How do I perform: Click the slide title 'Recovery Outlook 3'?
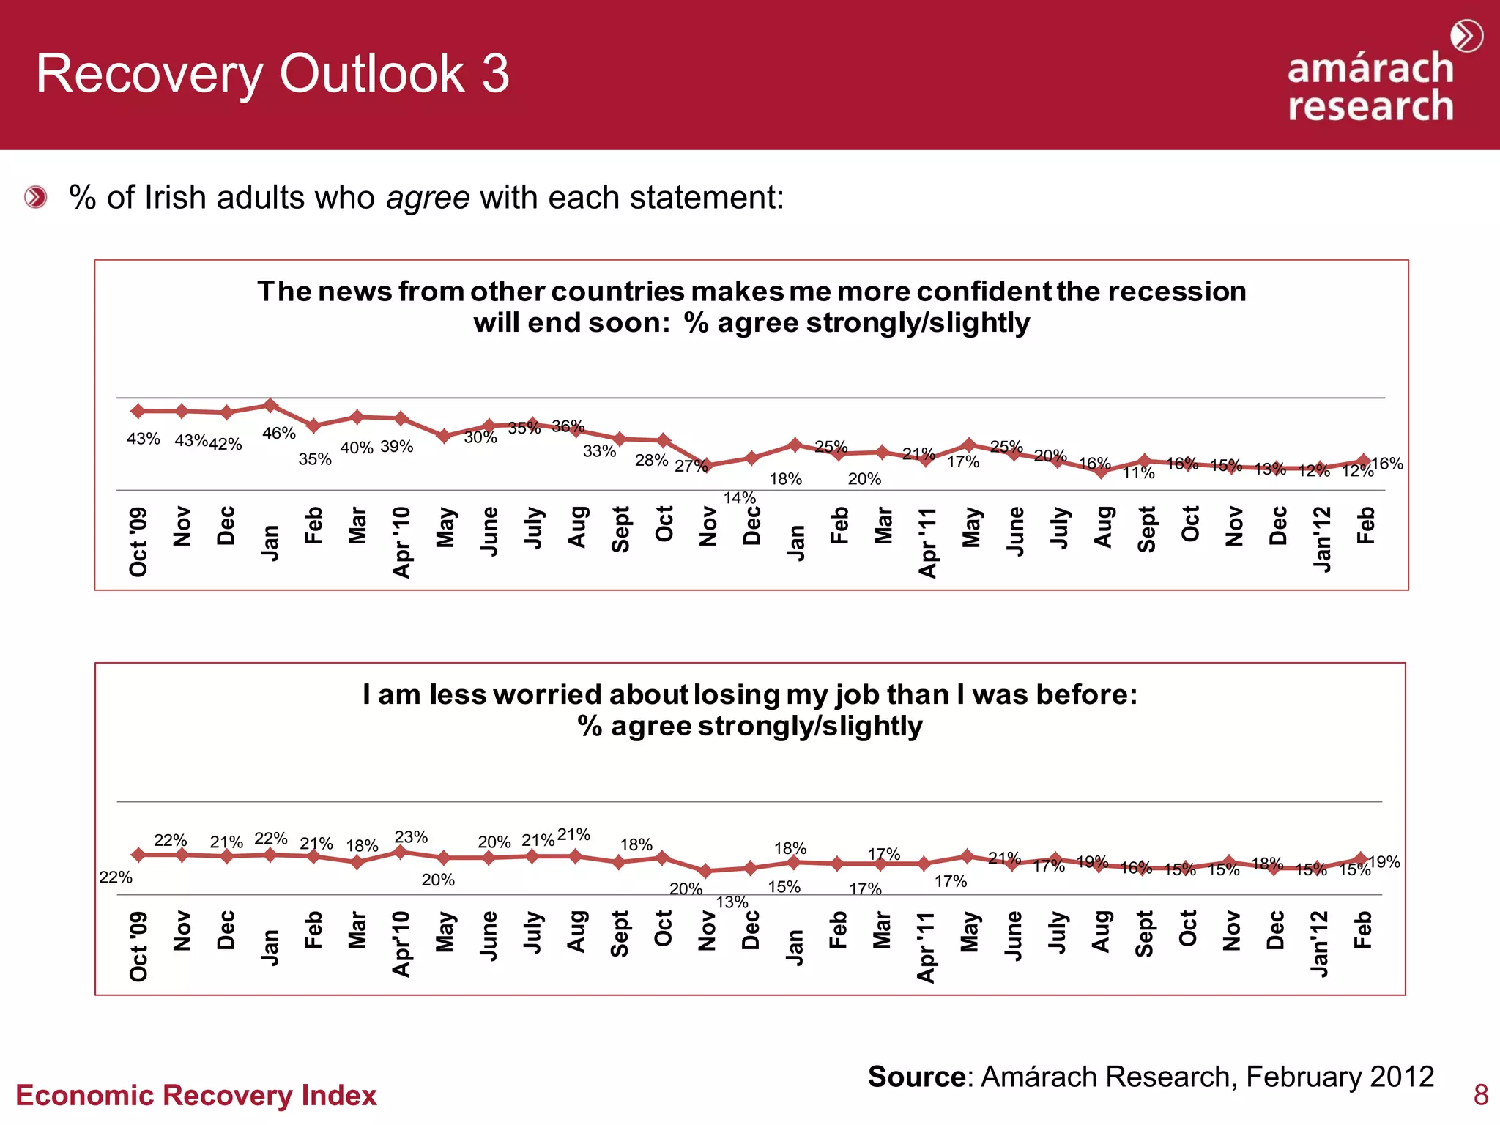pos(272,74)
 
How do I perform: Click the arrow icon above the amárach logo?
pos(1466,36)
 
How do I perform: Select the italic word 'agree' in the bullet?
pos(428,198)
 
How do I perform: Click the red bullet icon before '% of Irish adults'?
pos(35,197)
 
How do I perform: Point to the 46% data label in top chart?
pos(278,434)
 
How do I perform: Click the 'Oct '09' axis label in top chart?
pos(138,542)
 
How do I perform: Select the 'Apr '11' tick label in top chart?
pos(928,543)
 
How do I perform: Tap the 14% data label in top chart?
pos(739,498)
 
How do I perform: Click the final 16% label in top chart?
pos(1387,464)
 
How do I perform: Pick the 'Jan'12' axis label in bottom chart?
pos(1319,944)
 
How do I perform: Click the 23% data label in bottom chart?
pos(411,837)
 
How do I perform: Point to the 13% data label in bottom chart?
pos(732,902)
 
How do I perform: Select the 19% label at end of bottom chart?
pos(1384,862)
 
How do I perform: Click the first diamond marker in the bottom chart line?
pos(138,855)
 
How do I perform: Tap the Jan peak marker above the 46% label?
pos(270,405)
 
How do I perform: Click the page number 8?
pos(1480,1095)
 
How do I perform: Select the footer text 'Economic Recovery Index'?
pos(196,1096)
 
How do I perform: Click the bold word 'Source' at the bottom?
pos(916,1077)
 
